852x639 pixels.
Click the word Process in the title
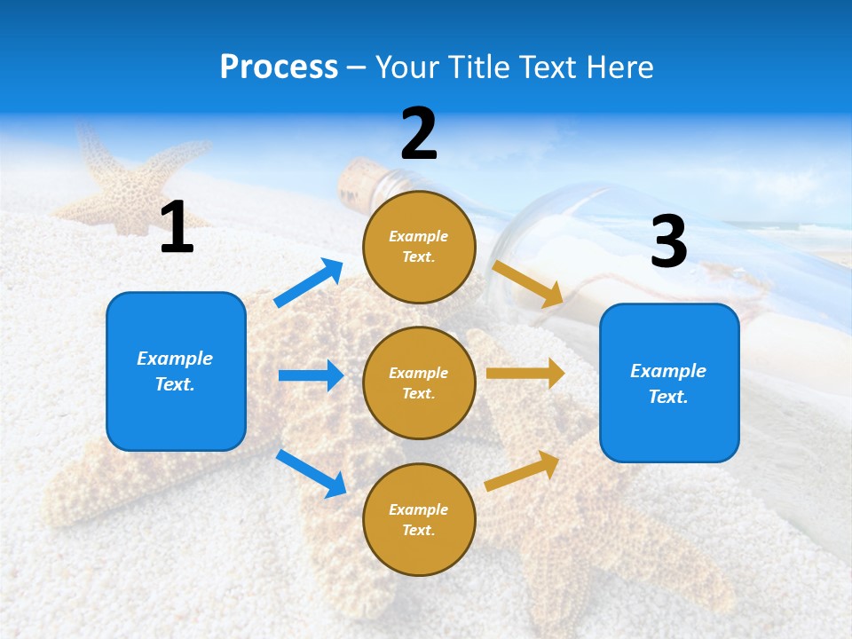279,67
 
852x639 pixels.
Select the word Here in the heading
620,67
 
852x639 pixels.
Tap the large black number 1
177,228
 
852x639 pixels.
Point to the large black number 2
419,134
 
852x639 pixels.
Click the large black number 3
668,242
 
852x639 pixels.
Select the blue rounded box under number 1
176,371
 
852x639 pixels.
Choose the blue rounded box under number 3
669,383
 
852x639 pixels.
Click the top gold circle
419,247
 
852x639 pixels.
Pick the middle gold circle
419,383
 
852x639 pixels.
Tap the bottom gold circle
419,519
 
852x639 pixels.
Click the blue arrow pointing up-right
309,283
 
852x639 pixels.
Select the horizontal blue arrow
311,375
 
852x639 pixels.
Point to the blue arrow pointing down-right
311,473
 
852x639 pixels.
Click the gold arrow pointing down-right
527,284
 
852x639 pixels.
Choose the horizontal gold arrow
525,374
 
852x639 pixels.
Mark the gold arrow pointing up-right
522,470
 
